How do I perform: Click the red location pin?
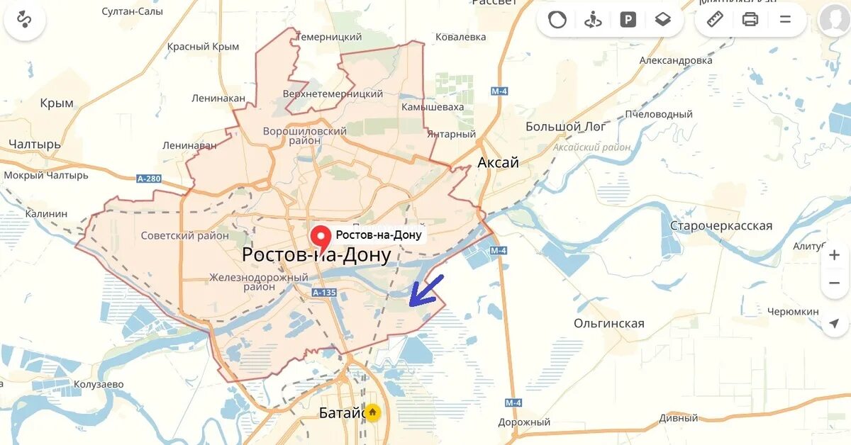[323, 237]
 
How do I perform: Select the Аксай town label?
[498, 162]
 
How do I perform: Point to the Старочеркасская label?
[721, 226]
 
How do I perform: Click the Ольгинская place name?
[608, 324]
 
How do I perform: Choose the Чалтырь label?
[35, 145]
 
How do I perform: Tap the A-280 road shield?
[148, 179]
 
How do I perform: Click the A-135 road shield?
[323, 292]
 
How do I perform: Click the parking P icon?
[628, 20]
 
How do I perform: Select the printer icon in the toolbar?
[750, 20]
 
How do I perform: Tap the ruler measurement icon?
[715, 20]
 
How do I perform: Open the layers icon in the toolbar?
[663, 20]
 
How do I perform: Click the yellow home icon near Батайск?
[372, 412]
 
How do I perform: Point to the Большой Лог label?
[565, 127]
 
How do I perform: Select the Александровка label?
[676, 60]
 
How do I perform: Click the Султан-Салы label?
[133, 12]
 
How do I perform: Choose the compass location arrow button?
[834, 323]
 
